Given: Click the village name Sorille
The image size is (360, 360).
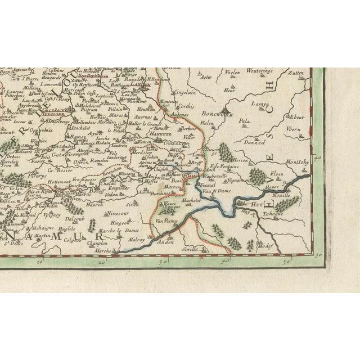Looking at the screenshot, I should [x=190, y=247].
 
